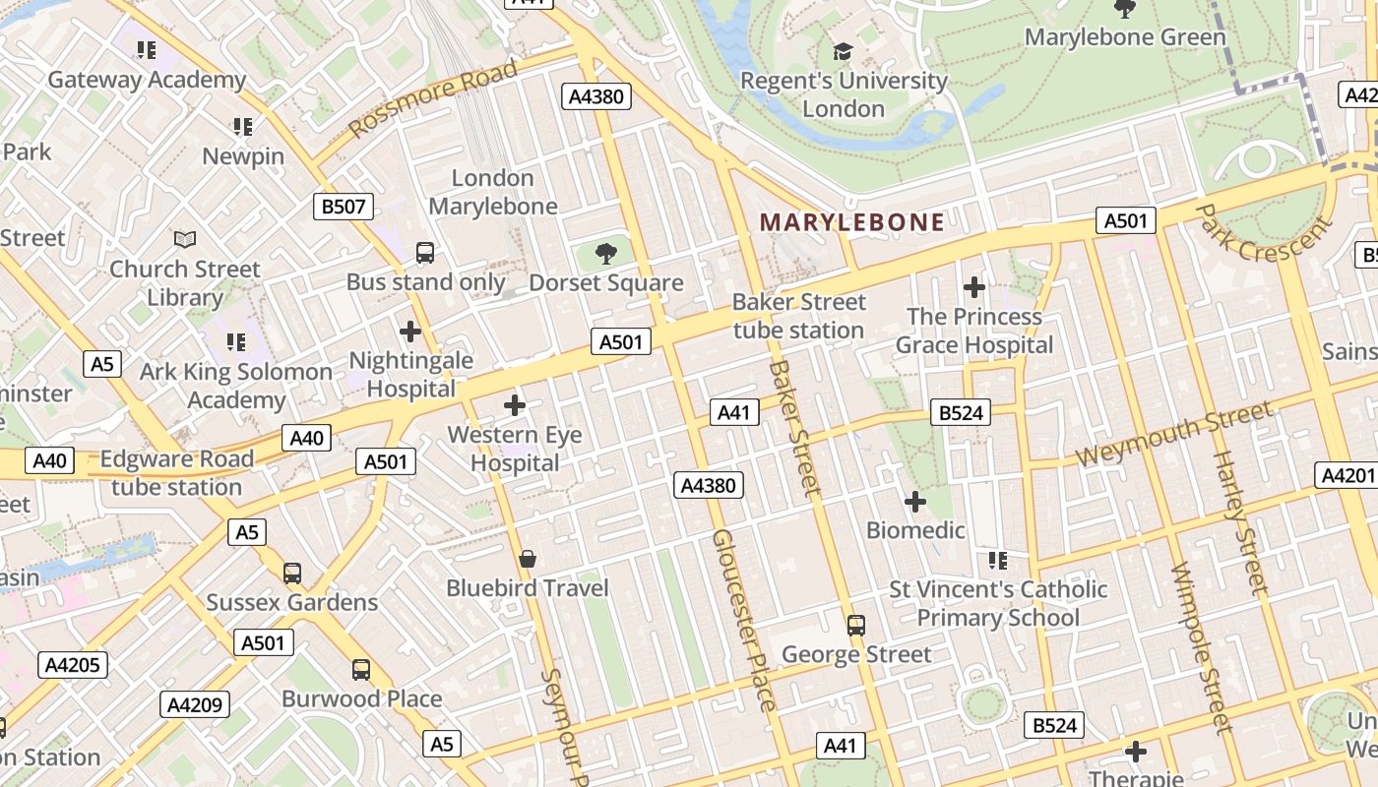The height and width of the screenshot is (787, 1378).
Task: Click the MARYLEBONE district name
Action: (x=851, y=222)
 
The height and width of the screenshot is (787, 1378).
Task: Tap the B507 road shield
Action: (x=344, y=207)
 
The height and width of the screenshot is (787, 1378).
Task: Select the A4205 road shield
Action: (x=73, y=665)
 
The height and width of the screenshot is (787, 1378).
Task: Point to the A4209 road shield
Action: (x=195, y=704)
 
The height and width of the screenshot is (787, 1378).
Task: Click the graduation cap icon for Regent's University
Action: (x=843, y=51)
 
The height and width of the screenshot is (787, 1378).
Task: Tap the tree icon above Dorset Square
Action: (x=606, y=255)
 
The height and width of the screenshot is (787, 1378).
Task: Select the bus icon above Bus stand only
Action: (x=425, y=253)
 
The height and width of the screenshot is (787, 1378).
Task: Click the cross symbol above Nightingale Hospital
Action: (x=410, y=332)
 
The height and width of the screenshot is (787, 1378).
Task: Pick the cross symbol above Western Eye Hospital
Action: (x=514, y=405)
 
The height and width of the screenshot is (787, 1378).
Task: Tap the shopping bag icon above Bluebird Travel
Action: (x=528, y=560)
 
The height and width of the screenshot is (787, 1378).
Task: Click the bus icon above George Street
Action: (x=856, y=626)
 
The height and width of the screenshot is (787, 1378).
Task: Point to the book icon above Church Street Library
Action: (x=185, y=239)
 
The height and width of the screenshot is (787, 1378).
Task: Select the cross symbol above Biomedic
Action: (x=915, y=502)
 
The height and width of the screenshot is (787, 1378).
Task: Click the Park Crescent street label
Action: (x=1264, y=233)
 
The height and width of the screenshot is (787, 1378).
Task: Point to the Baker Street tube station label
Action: (x=798, y=316)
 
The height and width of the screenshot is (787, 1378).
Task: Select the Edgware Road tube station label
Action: (x=177, y=473)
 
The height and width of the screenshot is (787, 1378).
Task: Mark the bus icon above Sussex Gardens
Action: (x=292, y=574)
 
